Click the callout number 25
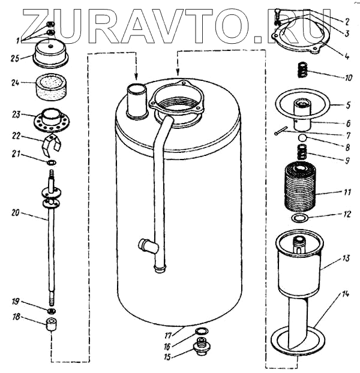tap(16, 58)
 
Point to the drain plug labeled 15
tap(201, 348)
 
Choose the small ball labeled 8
tap(304, 139)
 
